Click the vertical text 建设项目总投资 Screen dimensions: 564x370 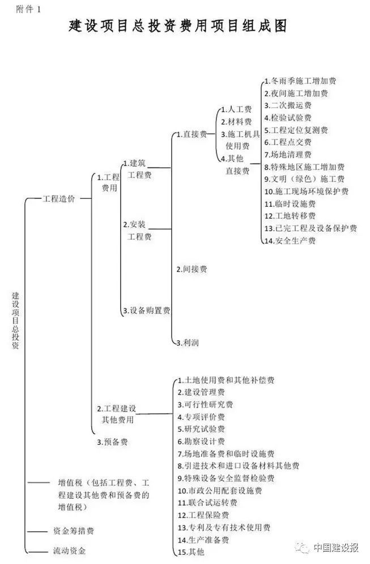15,320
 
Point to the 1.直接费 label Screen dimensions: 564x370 191,134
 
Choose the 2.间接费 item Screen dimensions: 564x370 191,269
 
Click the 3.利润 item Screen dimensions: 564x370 187,342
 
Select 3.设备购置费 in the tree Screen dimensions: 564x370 147,310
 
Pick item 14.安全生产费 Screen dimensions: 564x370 290,241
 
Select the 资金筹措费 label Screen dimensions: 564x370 74,531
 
